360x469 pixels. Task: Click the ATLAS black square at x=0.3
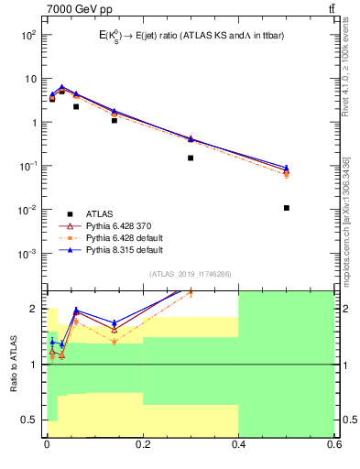(191, 158)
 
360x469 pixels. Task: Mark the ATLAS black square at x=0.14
(114, 120)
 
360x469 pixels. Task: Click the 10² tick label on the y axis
(28, 35)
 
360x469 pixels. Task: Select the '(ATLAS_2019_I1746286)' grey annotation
(190, 273)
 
